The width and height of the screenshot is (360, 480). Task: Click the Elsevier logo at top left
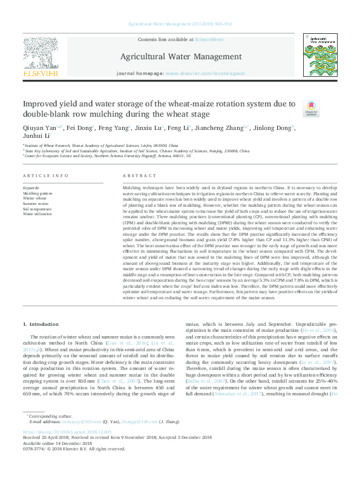point(42,59)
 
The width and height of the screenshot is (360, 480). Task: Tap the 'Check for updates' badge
point(311,108)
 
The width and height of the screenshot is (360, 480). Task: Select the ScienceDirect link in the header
point(209,39)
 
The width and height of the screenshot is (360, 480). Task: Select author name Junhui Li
point(38,137)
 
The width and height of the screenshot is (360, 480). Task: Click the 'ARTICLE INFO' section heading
point(45,175)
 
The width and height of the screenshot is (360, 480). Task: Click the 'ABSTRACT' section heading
point(140,175)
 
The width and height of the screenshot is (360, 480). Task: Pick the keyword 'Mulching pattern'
point(38,193)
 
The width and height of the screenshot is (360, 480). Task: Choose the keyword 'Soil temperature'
point(38,209)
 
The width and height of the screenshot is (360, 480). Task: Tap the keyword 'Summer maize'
point(35,203)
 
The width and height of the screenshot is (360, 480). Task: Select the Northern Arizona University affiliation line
point(108,155)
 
